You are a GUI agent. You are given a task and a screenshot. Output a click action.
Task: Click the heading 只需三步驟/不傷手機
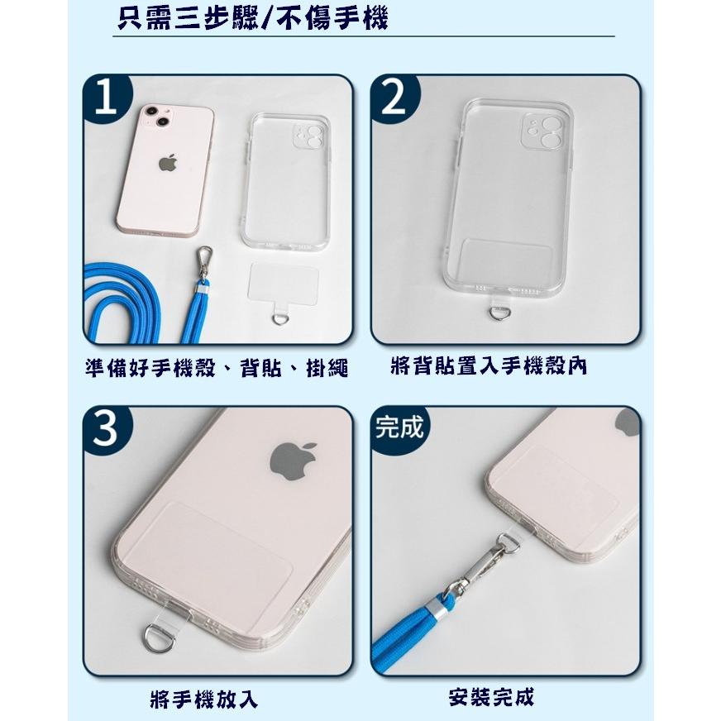252,18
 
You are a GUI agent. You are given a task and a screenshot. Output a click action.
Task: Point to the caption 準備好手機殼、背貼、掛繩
217,367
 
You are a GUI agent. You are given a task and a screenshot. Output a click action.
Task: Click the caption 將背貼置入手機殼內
488,365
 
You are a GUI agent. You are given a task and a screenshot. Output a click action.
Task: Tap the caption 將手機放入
204,699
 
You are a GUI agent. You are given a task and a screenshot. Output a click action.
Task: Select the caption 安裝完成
491,697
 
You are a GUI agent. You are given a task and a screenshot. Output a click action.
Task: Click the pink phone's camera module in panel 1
155,121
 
